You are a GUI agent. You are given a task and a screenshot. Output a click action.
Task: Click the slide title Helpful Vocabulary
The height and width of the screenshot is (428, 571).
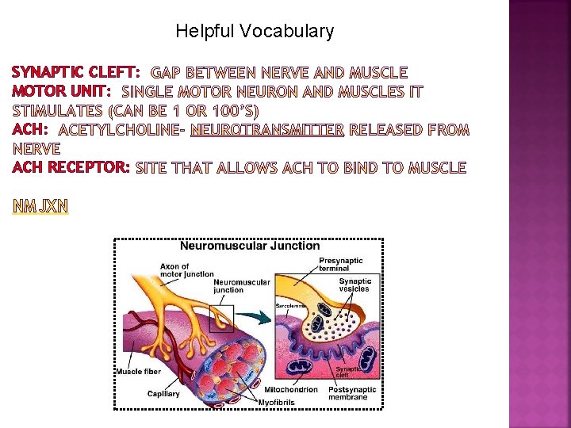tap(255, 32)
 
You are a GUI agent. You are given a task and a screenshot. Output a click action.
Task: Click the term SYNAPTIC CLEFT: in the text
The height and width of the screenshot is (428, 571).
tap(76, 73)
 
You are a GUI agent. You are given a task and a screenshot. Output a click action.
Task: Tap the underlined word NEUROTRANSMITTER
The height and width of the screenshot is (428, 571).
tap(267, 129)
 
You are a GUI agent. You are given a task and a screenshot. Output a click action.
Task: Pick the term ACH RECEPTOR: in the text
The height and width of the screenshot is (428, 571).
tap(71, 167)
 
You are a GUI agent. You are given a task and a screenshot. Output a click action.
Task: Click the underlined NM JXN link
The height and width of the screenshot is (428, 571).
tap(40, 206)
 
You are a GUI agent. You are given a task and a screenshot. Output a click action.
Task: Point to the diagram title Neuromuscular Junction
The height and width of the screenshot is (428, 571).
tap(250, 246)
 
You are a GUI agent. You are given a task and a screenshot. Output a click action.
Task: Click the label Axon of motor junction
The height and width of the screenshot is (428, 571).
tap(186, 270)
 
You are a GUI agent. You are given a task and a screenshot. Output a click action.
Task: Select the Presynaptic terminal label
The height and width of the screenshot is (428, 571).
tap(341, 265)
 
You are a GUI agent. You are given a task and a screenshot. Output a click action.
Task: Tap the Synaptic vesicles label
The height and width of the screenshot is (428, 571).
tap(354, 285)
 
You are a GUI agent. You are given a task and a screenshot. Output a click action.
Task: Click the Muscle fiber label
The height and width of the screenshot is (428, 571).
tap(138, 372)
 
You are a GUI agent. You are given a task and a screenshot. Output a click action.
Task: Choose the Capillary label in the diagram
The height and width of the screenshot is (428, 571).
tap(163, 393)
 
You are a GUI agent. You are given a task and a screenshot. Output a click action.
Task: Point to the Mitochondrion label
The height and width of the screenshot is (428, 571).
tap(291, 389)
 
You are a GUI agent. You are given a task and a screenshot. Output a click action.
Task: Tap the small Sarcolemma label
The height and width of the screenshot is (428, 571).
tap(291, 305)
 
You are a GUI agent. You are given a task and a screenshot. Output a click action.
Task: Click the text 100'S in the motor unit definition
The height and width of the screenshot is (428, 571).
tap(238, 110)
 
